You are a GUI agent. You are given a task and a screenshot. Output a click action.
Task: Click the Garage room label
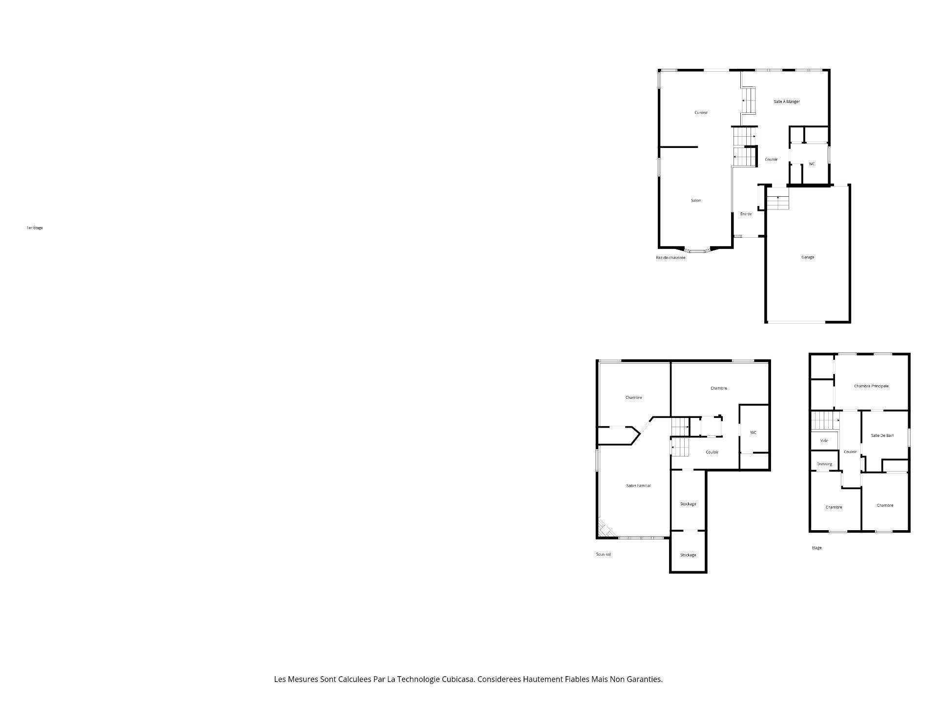(x=808, y=257)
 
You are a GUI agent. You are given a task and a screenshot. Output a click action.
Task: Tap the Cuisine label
(x=701, y=113)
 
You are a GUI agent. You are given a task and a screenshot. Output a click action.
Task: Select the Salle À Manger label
(x=787, y=102)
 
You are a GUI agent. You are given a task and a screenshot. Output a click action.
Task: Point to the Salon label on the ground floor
(x=696, y=201)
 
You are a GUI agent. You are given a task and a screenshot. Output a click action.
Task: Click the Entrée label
(x=746, y=214)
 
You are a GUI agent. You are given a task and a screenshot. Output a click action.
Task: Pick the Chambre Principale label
(x=871, y=386)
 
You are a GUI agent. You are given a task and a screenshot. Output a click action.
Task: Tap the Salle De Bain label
(x=882, y=435)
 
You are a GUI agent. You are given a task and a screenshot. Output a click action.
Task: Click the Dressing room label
(x=824, y=464)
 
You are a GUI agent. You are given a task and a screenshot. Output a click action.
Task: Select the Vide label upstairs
(x=824, y=441)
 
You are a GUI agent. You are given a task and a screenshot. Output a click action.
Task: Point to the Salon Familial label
(x=638, y=486)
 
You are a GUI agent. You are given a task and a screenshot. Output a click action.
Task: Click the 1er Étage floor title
(x=35, y=228)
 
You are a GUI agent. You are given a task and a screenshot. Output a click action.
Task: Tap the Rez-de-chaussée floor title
(x=671, y=258)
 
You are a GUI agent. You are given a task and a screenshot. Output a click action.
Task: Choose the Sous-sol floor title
(x=603, y=554)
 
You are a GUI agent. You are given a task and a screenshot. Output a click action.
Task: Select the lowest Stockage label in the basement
(x=688, y=555)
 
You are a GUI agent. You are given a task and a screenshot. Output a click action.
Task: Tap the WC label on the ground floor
(x=812, y=164)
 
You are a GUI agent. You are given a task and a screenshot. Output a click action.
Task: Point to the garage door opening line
(x=795, y=322)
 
